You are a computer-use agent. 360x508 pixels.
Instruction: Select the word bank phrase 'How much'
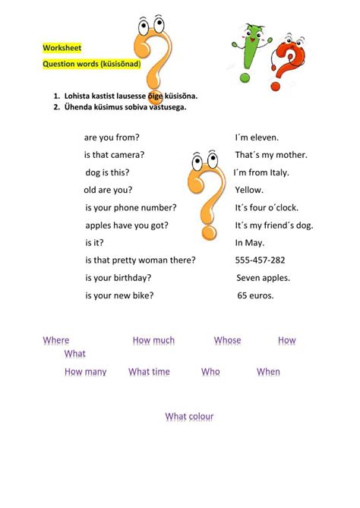pyautogui.click(x=153, y=341)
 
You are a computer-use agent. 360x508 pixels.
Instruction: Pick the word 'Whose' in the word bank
pyautogui.click(x=227, y=341)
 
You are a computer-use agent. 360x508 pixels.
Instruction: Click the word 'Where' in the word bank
pyautogui.click(x=56, y=341)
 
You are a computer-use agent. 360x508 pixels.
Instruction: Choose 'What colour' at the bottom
pyautogui.click(x=189, y=417)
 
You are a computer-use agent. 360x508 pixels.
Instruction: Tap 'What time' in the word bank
pyautogui.click(x=149, y=372)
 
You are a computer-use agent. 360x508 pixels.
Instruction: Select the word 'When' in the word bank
pyautogui.click(x=268, y=372)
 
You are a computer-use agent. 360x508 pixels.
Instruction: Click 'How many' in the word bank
pyautogui.click(x=85, y=372)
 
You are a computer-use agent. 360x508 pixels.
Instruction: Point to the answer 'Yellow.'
pyautogui.click(x=249, y=190)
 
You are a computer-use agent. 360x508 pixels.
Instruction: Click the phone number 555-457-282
pyautogui.click(x=261, y=260)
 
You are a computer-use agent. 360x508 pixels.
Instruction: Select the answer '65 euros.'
pyautogui.click(x=255, y=295)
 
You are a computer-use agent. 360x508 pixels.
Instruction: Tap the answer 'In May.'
pyautogui.click(x=249, y=243)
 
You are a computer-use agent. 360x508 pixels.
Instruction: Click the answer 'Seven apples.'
pyautogui.click(x=263, y=278)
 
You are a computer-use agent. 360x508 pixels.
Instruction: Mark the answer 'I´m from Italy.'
pyautogui.click(x=261, y=172)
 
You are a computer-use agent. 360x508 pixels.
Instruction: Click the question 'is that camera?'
pyautogui.click(x=115, y=155)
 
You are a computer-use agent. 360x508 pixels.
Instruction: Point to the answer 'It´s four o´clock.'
pyautogui.click(x=267, y=207)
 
